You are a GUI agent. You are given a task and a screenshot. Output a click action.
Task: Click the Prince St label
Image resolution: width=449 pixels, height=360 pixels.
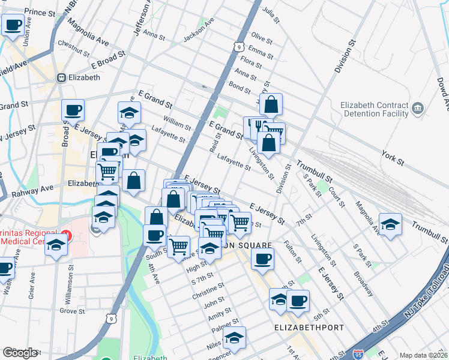tap(40, 11)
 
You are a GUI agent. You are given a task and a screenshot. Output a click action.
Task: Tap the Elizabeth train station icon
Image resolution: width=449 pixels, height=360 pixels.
tap(61, 77)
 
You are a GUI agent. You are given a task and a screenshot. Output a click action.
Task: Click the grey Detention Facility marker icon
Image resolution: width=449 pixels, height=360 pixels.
tap(418, 109)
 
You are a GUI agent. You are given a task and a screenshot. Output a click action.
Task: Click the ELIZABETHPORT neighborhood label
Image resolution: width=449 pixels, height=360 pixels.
tap(309, 328)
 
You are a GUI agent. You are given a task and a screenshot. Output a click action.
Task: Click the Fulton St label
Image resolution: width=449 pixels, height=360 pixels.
tap(294, 251)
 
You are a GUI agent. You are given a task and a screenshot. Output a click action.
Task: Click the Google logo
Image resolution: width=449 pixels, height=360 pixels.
tap(20, 353)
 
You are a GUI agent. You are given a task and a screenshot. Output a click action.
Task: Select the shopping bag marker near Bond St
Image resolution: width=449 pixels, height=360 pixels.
tap(271, 105)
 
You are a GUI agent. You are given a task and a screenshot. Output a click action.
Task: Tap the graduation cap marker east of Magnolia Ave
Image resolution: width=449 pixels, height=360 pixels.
tap(390, 225)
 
